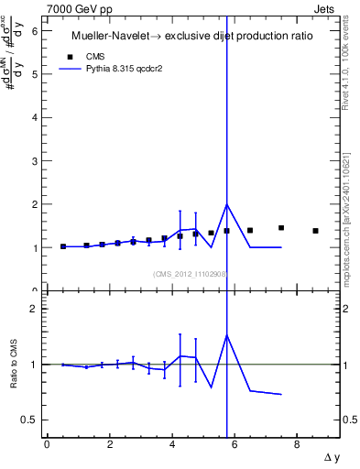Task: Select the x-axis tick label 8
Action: click(298, 444)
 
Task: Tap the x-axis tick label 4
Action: click(172, 444)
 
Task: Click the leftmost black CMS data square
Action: click(63, 246)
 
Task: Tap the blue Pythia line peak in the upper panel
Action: click(227, 204)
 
